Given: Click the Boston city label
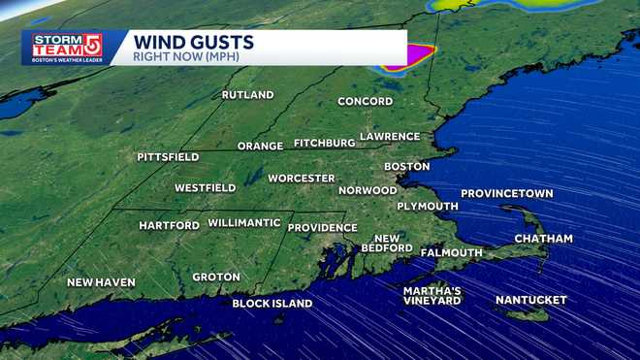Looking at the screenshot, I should point(406,167).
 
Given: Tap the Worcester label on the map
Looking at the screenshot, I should point(302,179).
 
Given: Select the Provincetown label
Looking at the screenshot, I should point(506,194).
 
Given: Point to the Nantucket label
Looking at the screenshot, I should point(530,301).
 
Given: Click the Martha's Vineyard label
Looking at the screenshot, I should point(432,296).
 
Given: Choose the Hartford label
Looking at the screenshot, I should point(170,225).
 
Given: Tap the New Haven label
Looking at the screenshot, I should point(101,282).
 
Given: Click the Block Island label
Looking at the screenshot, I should point(272,304).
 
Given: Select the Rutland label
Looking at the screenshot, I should point(247,95).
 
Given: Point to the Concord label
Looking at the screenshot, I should point(365,102).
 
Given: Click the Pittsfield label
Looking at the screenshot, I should point(168,156).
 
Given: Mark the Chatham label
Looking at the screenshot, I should point(543,239).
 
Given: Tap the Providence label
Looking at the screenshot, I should point(323,228).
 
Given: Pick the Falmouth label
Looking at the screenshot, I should point(451,253).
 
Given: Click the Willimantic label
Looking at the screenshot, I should point(244,223).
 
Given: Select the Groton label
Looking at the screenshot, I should point(215,278).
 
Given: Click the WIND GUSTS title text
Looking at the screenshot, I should point(193,42).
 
